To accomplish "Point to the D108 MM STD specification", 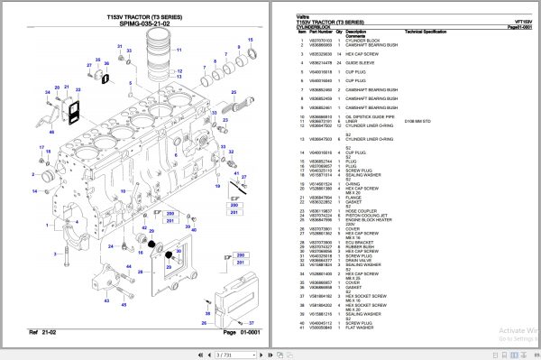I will click(x=417, y=121).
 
